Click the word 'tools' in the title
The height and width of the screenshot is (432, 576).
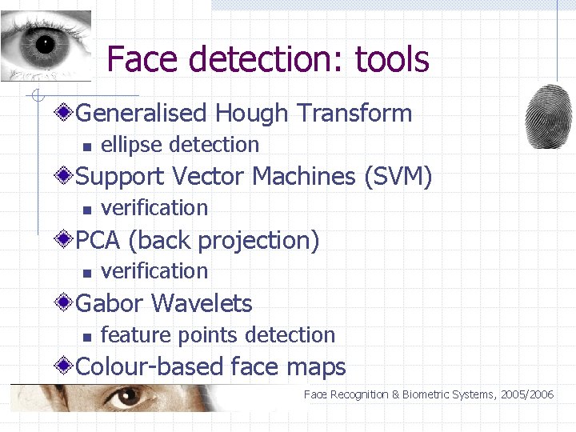392,59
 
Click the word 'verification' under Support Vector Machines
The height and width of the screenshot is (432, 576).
154,208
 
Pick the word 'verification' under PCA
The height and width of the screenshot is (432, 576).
154,271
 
